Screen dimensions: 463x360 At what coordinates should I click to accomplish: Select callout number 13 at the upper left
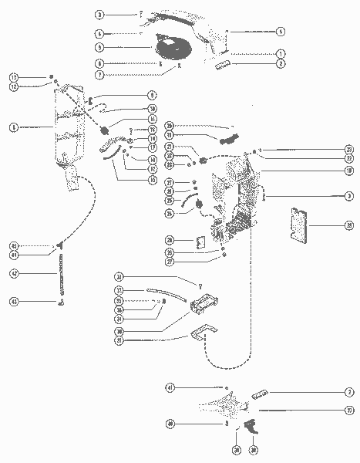(x=15, y=77)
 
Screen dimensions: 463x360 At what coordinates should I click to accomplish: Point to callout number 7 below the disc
(x=99, y=75)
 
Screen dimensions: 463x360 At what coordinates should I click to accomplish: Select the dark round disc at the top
(x=180, y=48)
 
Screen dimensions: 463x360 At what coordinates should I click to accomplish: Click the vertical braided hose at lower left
(x=59, y=273)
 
